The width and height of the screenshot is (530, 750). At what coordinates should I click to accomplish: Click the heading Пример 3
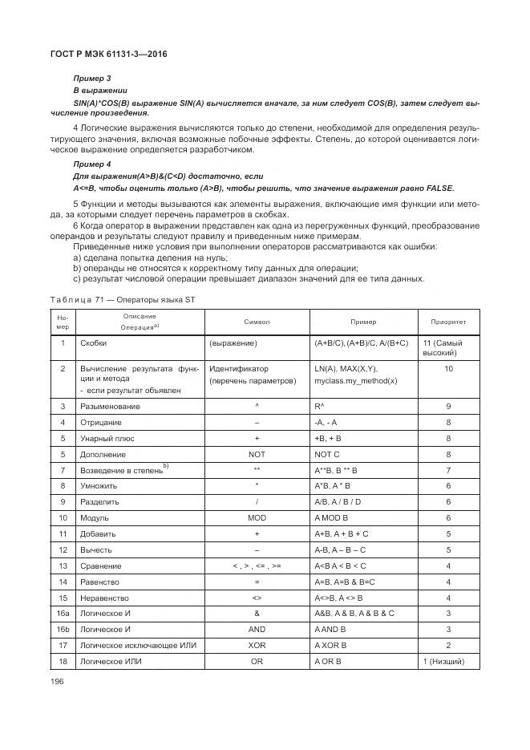click(x=91, y=78)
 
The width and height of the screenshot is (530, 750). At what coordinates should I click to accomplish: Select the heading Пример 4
click(x=91, y=163)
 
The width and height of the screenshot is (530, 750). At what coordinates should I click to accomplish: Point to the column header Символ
click(x=257, y=322)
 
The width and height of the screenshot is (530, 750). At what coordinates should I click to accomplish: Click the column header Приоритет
click(x=448, y=322)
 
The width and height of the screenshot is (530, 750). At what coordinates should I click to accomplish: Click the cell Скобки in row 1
click(x=95, y=343)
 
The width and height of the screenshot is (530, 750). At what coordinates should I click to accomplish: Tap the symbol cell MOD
click(x=257, y=519)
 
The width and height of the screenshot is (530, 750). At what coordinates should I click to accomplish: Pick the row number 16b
click(x=62, y=629)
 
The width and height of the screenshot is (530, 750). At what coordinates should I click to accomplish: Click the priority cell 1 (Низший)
click(x=448, y=661)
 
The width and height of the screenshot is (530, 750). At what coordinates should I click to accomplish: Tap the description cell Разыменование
click(x=111, y=406)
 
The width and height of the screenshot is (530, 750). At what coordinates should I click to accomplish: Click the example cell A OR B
click(x=329, y=661)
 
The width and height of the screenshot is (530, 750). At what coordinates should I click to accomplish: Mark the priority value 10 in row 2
click(x=448, y=369)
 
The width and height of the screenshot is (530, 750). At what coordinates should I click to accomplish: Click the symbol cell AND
click(x=257, y=629)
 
